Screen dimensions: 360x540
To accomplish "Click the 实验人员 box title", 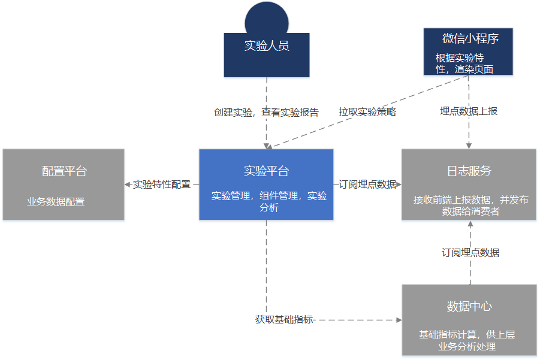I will (267, 46).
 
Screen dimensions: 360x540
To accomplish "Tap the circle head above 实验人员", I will (267, 18).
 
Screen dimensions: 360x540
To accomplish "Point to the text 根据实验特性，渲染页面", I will (464, 63).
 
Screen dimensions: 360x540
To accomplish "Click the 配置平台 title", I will (64, 171).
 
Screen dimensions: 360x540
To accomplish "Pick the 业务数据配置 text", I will (56, 202).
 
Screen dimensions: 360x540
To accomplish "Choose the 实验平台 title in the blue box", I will (266, 171).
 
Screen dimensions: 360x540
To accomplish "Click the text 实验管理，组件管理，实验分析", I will (269, 201).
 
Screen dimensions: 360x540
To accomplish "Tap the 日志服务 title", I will (469, 171).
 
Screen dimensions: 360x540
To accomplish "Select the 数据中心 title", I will (469, 307).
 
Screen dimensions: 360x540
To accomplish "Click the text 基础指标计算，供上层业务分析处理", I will (467, 340).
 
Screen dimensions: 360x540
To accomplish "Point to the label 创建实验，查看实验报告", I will (266, 112).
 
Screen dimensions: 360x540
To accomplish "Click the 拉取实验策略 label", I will (367, 111).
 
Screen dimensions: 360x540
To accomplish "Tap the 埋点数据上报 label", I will (469, 111).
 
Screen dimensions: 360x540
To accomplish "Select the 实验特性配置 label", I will (161, 184).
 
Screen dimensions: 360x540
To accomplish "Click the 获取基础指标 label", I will (284, 320).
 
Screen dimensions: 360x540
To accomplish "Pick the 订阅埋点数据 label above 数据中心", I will (470, 253).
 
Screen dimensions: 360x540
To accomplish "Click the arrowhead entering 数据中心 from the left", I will (399, 320).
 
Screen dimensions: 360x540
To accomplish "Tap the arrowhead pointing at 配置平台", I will (128, 184).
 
